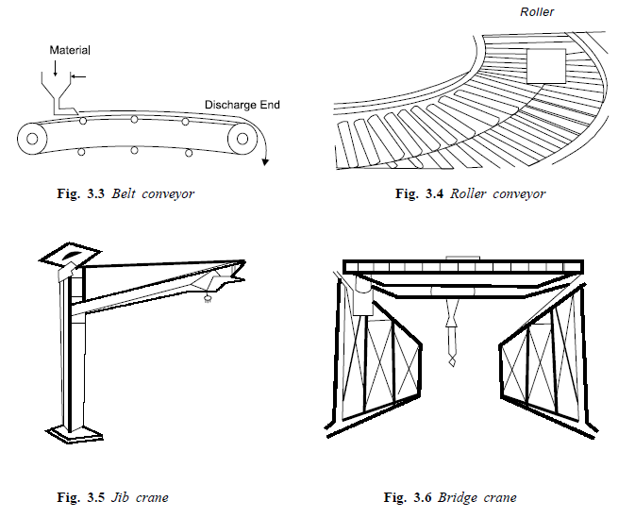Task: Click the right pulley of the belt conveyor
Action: [244, 139]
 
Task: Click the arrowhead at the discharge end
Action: [266, 161]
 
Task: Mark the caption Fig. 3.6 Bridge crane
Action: [450, 497]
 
